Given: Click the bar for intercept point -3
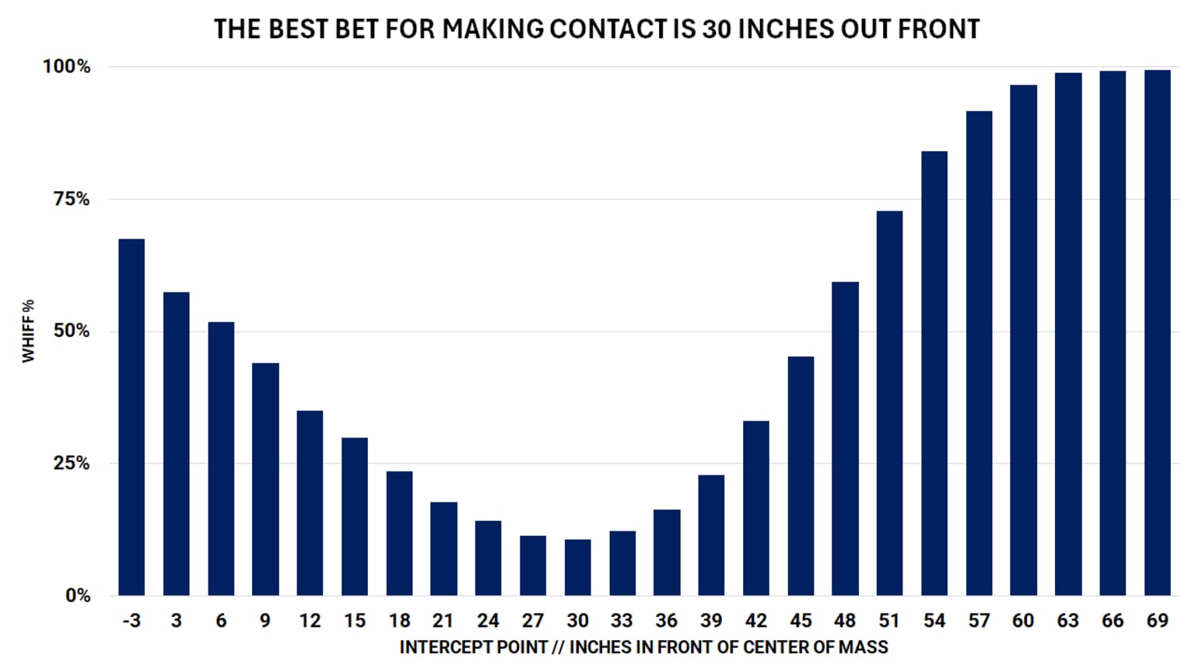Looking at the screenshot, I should click(x=131, y=417).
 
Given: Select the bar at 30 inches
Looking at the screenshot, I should click(x=577, y=567).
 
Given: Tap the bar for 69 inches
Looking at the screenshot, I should click(x=1157, y=333).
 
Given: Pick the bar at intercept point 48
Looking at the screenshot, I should click(x=845, y=439).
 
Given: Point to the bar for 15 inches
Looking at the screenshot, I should click(x=355, y=516).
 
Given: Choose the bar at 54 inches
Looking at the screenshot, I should click(x=934, y=373).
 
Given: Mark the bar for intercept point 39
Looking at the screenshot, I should click(x=711, y=535).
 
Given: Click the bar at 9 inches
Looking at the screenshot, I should click(x=265, y=479).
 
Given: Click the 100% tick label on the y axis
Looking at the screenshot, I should click(x=66, y=67).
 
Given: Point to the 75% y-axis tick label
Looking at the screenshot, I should click(x=71, y=199).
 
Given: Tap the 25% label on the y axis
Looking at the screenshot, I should click(x=71, y=464).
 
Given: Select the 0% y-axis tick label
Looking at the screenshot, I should click(x=77, y=596).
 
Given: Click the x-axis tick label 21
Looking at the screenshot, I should click(x=443, y=621).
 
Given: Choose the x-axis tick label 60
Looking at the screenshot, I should click(x=1023, y=621).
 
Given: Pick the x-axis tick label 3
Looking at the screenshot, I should click(x=177, y=621).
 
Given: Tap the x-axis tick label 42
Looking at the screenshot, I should click(x=755, y=621).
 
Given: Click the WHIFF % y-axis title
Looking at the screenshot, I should click(x=28, y=331).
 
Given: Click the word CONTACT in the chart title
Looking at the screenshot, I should click(x=608, y=29).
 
